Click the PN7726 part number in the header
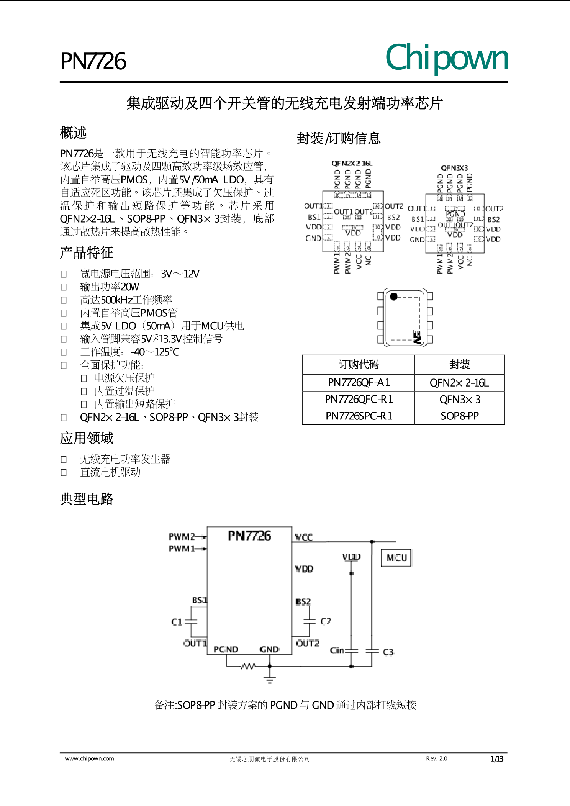(x=93, y=61)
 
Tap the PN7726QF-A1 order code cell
(x=359, y=383)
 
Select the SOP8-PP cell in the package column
(x=459, y=416)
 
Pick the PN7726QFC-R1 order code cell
(x=359, y=400)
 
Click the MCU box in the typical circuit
(x=396, y=558)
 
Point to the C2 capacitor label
(x=326, y=621)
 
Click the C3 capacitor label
(x=388, y=652)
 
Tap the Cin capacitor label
(x=337, y=650)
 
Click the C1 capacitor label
(x=177, y=622)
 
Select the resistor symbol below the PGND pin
(x=247, y=667)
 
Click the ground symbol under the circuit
(x=270, y=680)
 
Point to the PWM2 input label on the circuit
(x=182, y=537)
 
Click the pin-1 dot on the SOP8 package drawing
(x=394, y=297)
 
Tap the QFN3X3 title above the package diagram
(x=454, y=168)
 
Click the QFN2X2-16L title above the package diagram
(x=352, y=164)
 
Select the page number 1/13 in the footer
(x=497, y=759)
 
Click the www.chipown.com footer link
(x=89, y=758)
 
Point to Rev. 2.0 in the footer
(x=436, y=758)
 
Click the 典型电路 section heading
(x=87, y=499)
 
